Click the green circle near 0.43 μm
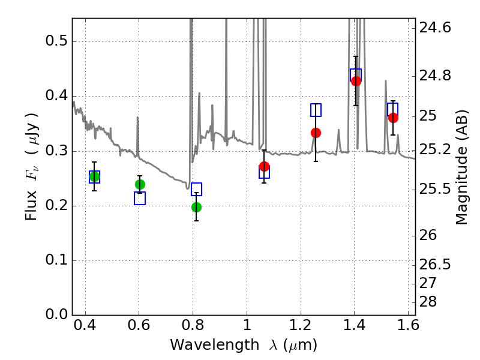(x=94, y=176)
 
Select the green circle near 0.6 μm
(x=140, y=184)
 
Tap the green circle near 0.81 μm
(x=196, y=207)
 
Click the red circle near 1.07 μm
(x=264, y=166)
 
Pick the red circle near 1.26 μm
(x=316, y=133)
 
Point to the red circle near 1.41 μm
(x=356, y=81)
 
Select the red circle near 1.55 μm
(x=393, y=118)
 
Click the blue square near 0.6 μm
(x=140, y=199)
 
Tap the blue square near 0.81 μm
(x=196, y=190)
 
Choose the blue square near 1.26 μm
(x=316, y=110)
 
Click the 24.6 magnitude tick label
(x=436, y=28)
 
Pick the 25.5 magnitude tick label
(x=436, y=190)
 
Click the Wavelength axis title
(x=243, y=345)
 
